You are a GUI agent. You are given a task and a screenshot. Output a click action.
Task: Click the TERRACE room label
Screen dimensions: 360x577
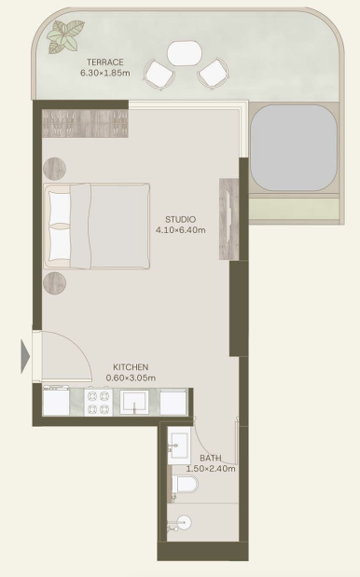tap(104, 62)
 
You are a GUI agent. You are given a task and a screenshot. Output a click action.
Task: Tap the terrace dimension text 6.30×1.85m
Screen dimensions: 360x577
tap(104, 73)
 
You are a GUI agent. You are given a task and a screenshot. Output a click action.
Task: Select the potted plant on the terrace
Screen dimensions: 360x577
tap(65, 36)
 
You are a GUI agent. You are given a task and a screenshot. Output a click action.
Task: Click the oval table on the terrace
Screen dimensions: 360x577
tap(185, 53)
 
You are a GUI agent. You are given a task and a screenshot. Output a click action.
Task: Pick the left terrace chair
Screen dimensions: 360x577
tap(159, 75)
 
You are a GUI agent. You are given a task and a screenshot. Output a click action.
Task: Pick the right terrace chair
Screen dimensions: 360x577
tap(214, 74)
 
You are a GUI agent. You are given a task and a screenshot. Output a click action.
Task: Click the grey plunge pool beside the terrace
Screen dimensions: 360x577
tap(294, 148)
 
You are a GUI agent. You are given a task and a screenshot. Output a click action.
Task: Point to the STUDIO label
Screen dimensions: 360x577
tap(180, 220)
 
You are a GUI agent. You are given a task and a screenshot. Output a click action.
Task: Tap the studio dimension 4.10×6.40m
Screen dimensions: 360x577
tap(180, 230)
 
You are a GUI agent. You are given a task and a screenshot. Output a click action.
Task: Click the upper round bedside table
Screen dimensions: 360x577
tap(54, 169)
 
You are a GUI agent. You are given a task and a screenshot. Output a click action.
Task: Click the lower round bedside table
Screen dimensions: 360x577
tap(54, 283)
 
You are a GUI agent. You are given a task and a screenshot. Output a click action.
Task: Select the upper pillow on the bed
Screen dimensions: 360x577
tap(60, 208)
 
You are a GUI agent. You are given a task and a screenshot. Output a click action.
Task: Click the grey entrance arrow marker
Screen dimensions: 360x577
tap(25, 357)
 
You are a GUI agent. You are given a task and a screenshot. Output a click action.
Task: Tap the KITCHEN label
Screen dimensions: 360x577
tap(131, 367)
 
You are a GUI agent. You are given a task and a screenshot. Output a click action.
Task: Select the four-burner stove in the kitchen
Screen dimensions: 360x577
tap(98, 403)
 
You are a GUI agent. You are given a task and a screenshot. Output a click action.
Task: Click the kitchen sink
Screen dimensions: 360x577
tap(134, 402)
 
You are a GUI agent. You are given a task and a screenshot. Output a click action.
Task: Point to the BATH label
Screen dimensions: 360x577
tap(211, 458)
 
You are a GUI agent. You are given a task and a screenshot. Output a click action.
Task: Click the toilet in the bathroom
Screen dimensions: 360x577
tap(185, 485)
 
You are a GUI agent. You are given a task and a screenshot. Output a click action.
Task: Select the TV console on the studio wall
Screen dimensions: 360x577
tap(228, 219)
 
